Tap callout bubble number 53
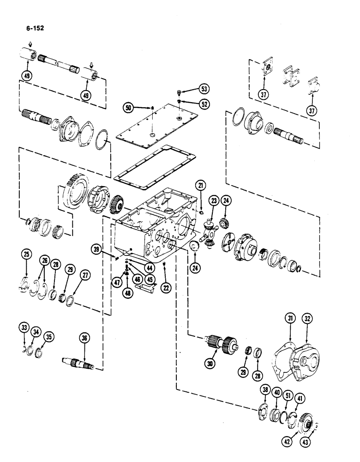[204, 89]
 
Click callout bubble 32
[307, 318]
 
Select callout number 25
[26, 254]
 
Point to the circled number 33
[24, 328]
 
